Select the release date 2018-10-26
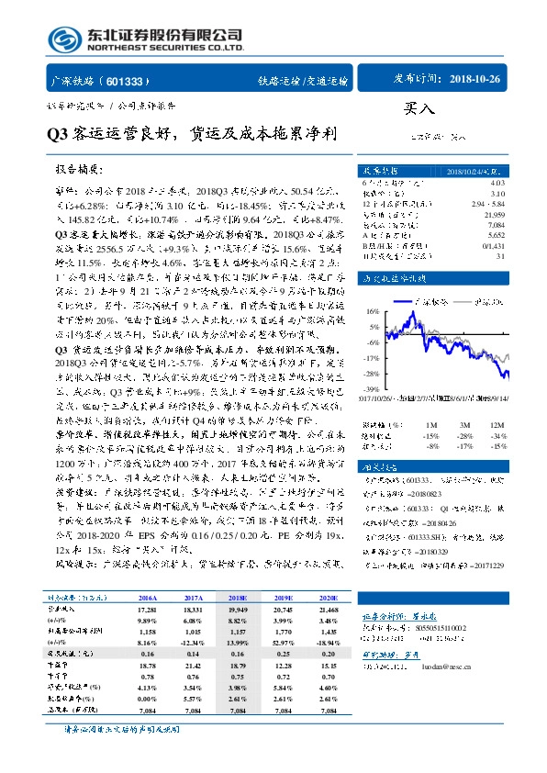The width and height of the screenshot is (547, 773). pyautogui.click(x=475, y=80)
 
